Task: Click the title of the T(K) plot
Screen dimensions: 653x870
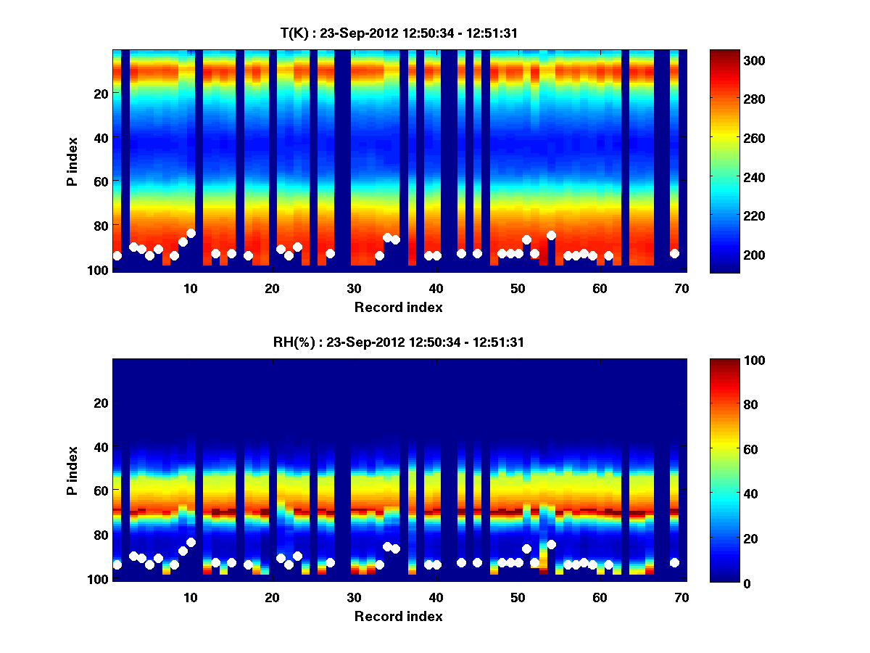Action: [400, 33]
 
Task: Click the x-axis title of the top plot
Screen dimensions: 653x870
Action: [399, 307]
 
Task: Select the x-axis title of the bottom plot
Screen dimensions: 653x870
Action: [399, 616]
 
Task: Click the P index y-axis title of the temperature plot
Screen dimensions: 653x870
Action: [72, 160]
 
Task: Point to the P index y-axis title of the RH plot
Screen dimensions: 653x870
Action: [72, 469]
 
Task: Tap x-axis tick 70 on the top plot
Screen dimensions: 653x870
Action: [681, 288]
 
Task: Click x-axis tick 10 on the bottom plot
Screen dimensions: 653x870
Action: [190, 597]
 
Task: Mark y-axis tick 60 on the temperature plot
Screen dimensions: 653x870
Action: [100, 181]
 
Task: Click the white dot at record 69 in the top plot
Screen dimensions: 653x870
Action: [674, 253]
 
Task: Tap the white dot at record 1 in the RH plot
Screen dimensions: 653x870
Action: [117, 564]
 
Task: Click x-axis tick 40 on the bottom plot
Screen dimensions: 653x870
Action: [436, 597]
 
